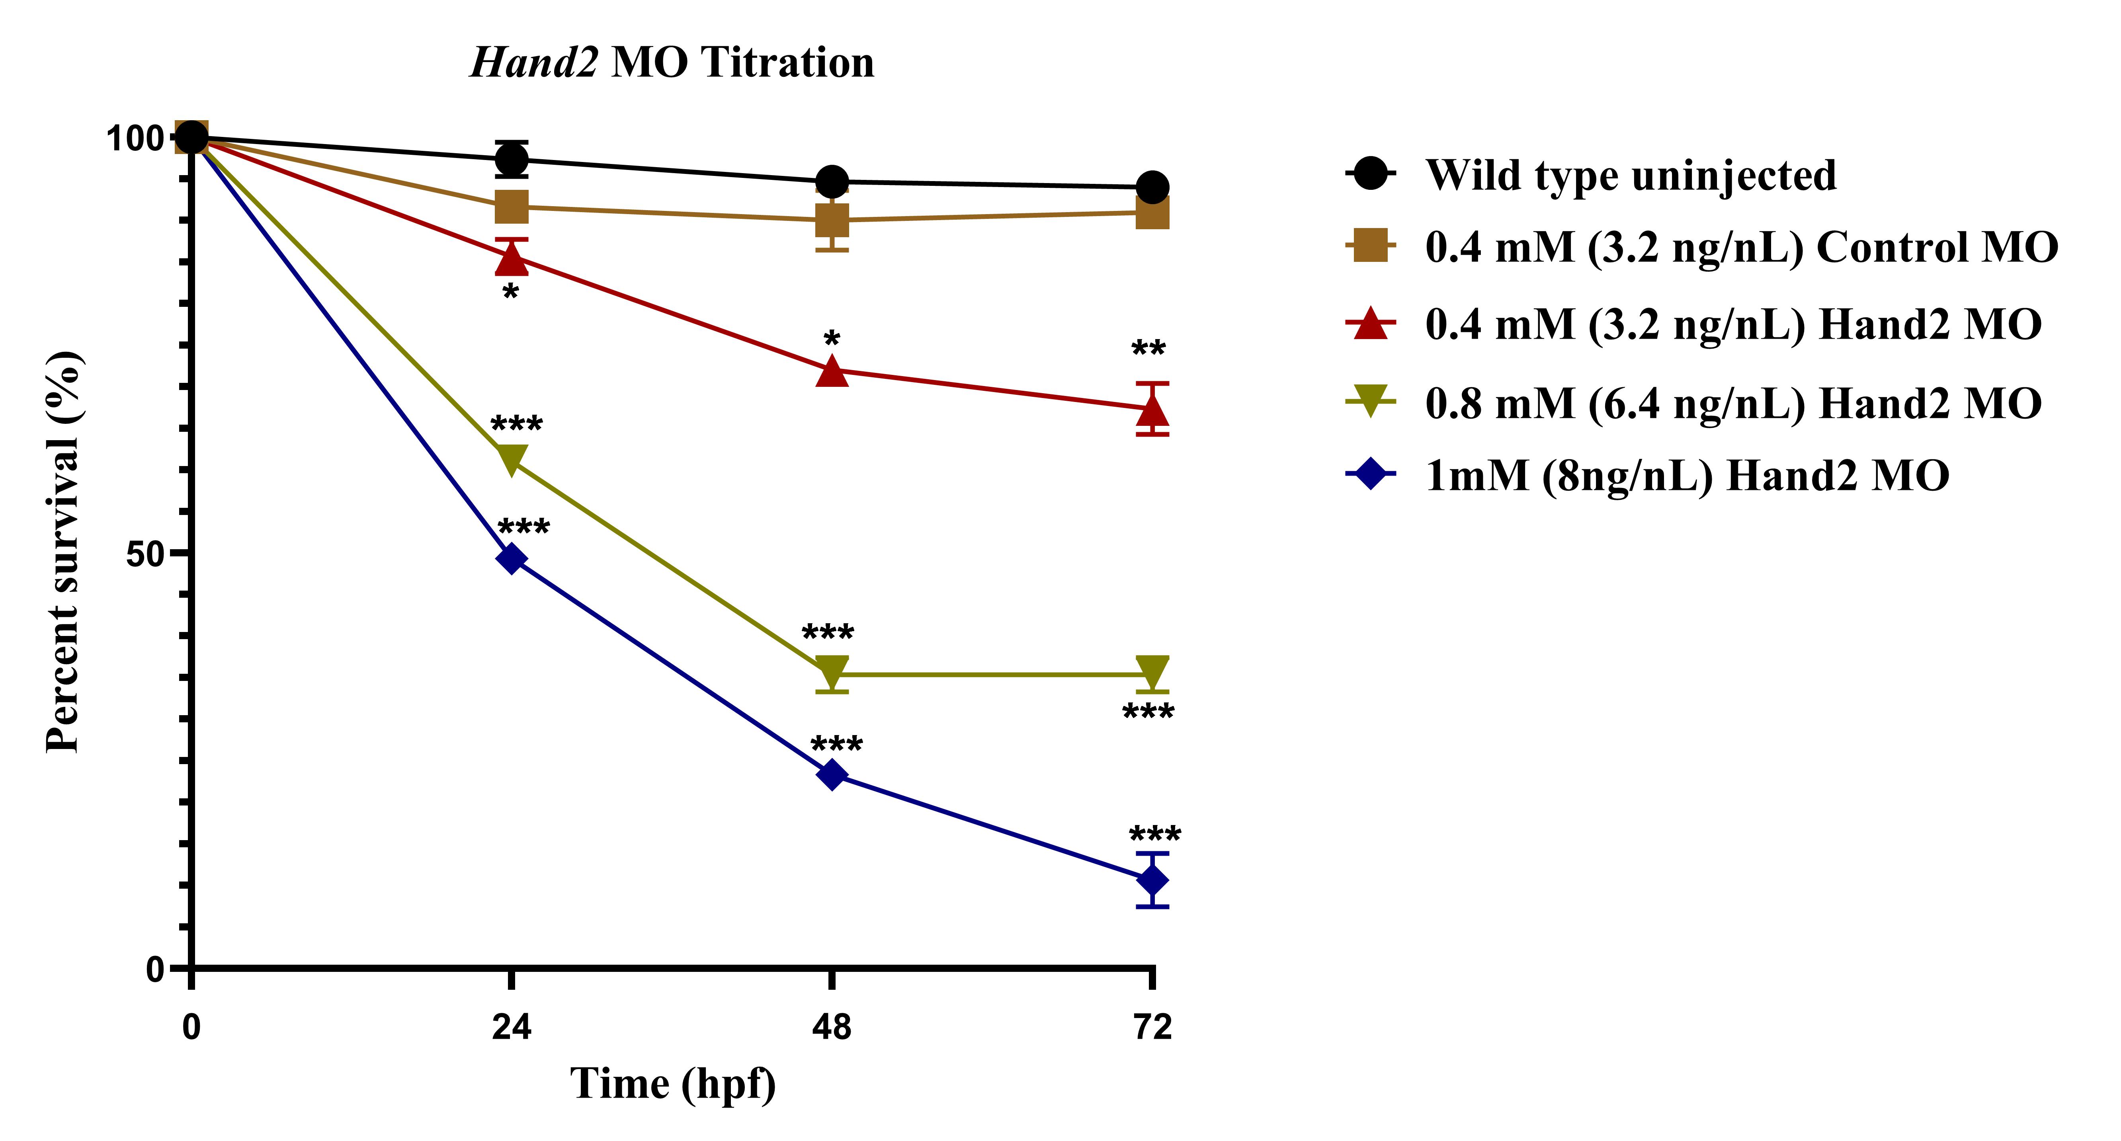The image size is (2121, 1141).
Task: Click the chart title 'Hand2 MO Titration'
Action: click(672, 62)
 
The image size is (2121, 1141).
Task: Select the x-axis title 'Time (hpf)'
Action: click(673, 1083)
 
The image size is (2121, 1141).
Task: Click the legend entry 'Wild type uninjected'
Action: click(1630, 176)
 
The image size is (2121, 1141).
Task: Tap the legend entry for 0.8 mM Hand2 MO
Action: click(1733, 404)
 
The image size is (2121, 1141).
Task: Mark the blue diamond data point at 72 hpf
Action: click(1152, 880)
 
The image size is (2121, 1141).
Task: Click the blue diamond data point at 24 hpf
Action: click(511, 559)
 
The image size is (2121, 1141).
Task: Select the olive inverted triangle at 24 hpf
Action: click(511, 459)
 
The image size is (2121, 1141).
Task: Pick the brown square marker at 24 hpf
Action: click(511, 207)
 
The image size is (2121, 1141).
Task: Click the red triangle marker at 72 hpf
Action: click(1152, 408)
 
